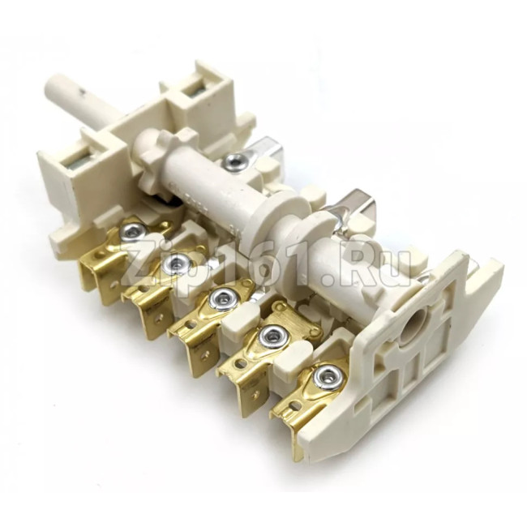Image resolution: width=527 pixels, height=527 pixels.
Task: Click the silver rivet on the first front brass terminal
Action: [x=133, y=231]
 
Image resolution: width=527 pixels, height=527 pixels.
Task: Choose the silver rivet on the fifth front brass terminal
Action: [x=326, y=377]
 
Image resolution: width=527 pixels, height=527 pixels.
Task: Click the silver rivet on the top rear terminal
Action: [x=234, y=160]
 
